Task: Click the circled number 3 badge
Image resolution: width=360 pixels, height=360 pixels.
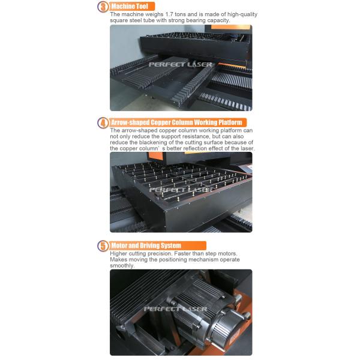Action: pyautogui.click(x=103, y=7)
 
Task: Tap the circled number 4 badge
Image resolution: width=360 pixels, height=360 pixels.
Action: pyautogui.click(x=103, y=122)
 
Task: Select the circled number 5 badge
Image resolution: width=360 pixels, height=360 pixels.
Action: pyautogui.click(x=103, y=245)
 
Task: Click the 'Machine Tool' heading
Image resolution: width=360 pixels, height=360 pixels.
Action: pyautogui.click(x=130, y=7)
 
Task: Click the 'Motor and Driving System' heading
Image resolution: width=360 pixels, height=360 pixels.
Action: pyautogui.click(x=146, y=245)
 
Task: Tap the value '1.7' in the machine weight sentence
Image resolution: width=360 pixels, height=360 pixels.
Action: pyautogui.click(x=169, y=14)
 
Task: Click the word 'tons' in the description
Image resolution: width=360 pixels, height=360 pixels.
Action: pyautogui.click(x=180, y=14)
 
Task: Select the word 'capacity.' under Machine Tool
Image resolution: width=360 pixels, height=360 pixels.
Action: pyautogui.click(x=218, y=20)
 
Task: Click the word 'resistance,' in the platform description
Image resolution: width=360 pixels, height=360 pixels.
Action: pyautogui.click(x=196, y=136)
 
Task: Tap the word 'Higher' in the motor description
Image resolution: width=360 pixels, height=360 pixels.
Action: pyautogui.click(x=118, y=254)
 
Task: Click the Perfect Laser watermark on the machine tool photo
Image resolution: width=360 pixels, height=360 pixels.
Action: pyautogui.click(x=181, y=65)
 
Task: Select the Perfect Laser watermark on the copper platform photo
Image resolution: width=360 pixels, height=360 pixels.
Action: pyautogui.click(x=181, y=190)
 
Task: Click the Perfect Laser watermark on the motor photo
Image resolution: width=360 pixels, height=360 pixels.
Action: pyautogui.click(x=175, y=309)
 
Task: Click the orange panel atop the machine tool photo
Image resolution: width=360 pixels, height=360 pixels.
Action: pyautogui.click(x=230, y=27)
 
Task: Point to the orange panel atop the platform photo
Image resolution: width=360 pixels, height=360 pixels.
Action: pyautogui.click(x=155, y=156)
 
